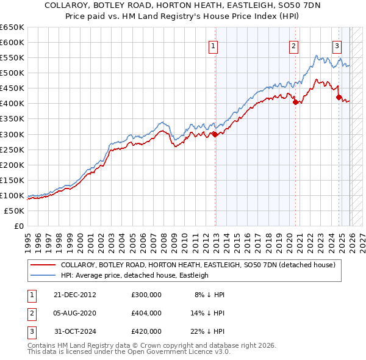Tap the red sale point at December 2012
coord(215,134)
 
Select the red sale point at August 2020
coord(295,103)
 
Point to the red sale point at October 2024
coord(339,97)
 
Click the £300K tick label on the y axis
coord(12,134)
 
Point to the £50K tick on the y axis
coord(15,211)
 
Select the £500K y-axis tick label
coord(12,73)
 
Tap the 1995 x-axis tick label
coord(28,242)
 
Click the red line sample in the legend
coord(42,265)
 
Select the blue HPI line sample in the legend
coord(42,276)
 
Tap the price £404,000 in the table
coord(146,313)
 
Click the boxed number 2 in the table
coord(30,313)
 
